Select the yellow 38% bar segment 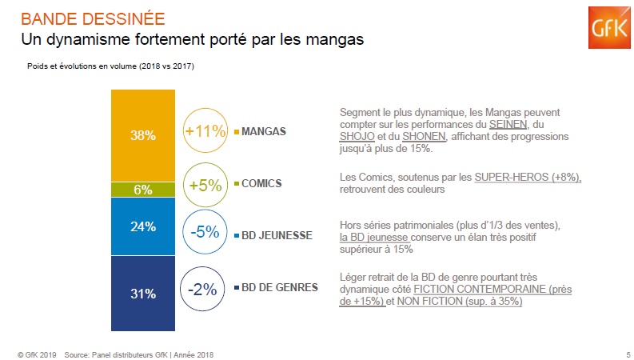click(143, 134)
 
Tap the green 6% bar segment click(143, 190)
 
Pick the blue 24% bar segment click(143, 226)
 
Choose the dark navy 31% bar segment click(143, 293)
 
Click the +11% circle click(205, 130)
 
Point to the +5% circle click(205, 186)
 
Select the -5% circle click(205, 233)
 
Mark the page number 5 click(628, 354)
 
